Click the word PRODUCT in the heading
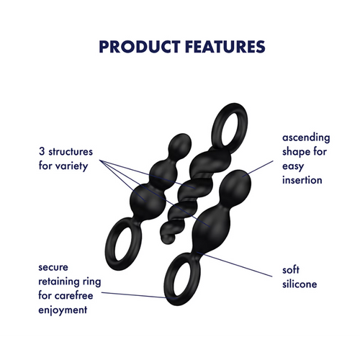click(x=140, y=47)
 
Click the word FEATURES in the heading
click(x=225, y=47)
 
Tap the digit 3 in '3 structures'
click(x=42, y=151)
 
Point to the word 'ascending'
click(x=306, y=138)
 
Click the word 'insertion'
click(x=302, y=180)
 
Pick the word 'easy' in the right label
click(x=293, y=166)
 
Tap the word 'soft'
click(x=291, y=270)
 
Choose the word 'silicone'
click(x=300, y=284)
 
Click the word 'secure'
click(x=53, y=267)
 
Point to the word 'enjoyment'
click(x=63, y=310)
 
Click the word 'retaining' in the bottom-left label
click(x=59, y=282)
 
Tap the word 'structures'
click(x=71, y=152)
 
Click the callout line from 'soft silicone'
click(x=235, y=264)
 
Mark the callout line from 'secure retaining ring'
click(x=133, y=295)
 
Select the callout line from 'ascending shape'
click(x=258, y=168)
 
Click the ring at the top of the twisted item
click(x=230, y=125)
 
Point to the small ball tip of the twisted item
click(x=168, y=238)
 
